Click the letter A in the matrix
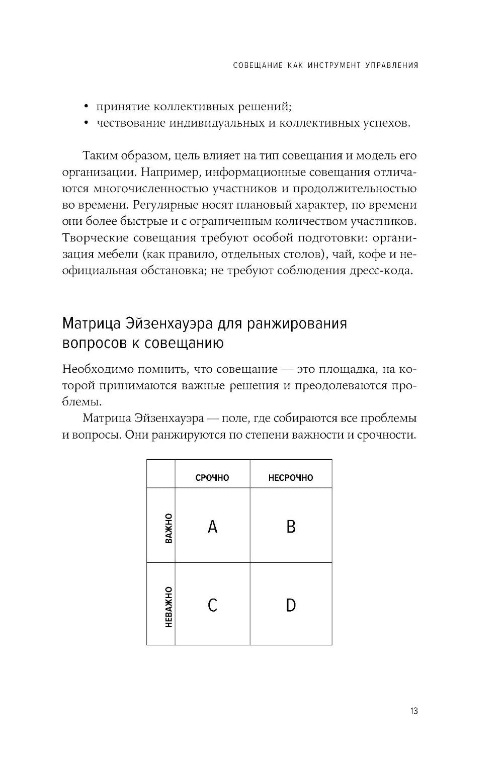[212, 527]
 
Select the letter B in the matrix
[291, 527]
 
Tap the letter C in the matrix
[212, 605]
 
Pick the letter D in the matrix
[291, 605]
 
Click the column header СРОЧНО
[212, 478]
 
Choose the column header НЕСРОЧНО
[291, 478]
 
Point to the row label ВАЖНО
[169, 528]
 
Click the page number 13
[414, 711]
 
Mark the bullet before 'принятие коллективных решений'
[87, 107]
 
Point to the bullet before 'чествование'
[87, 124]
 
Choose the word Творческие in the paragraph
[94, 238]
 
